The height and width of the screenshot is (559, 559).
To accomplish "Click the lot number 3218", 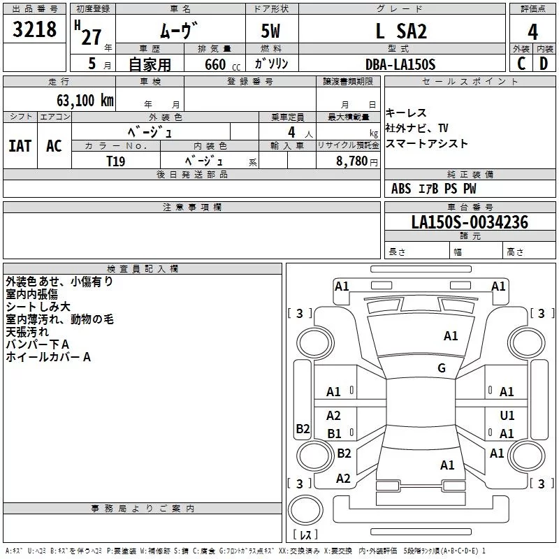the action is coord(34,29).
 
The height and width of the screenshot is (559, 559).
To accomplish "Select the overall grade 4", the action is coord(532,32).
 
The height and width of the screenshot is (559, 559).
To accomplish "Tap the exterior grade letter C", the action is coord(521,64).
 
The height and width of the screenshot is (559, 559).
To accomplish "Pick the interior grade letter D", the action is coord(544,64).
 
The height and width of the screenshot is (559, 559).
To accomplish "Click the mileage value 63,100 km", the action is coord(85,101).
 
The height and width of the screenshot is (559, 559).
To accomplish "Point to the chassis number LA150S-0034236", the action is coord(470,222).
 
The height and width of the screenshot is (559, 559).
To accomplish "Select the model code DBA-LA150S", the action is coord(400,64).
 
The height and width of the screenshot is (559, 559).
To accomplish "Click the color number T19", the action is coord(116,161).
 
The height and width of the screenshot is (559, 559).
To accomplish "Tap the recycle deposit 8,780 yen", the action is coord(357,161).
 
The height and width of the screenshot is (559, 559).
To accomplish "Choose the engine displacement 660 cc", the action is coord(222,65).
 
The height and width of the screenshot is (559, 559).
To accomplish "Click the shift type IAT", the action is coord(20,146).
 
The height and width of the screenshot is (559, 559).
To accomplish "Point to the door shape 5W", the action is coord(270,31).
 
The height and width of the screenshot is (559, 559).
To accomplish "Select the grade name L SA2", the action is coord(401,31).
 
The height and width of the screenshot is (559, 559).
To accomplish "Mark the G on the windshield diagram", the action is coord(442,368).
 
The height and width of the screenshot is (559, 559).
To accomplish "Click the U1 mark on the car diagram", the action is coord(507,415).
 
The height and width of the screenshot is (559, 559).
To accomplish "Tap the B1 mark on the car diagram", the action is coord(334,433).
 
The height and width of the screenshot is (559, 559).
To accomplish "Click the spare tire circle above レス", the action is coord(305,510).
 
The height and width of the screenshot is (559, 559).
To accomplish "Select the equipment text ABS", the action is coord(401,189).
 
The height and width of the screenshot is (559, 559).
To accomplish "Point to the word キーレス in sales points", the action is coord(406,113).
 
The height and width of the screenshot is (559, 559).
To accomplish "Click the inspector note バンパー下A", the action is coord(38,344).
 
